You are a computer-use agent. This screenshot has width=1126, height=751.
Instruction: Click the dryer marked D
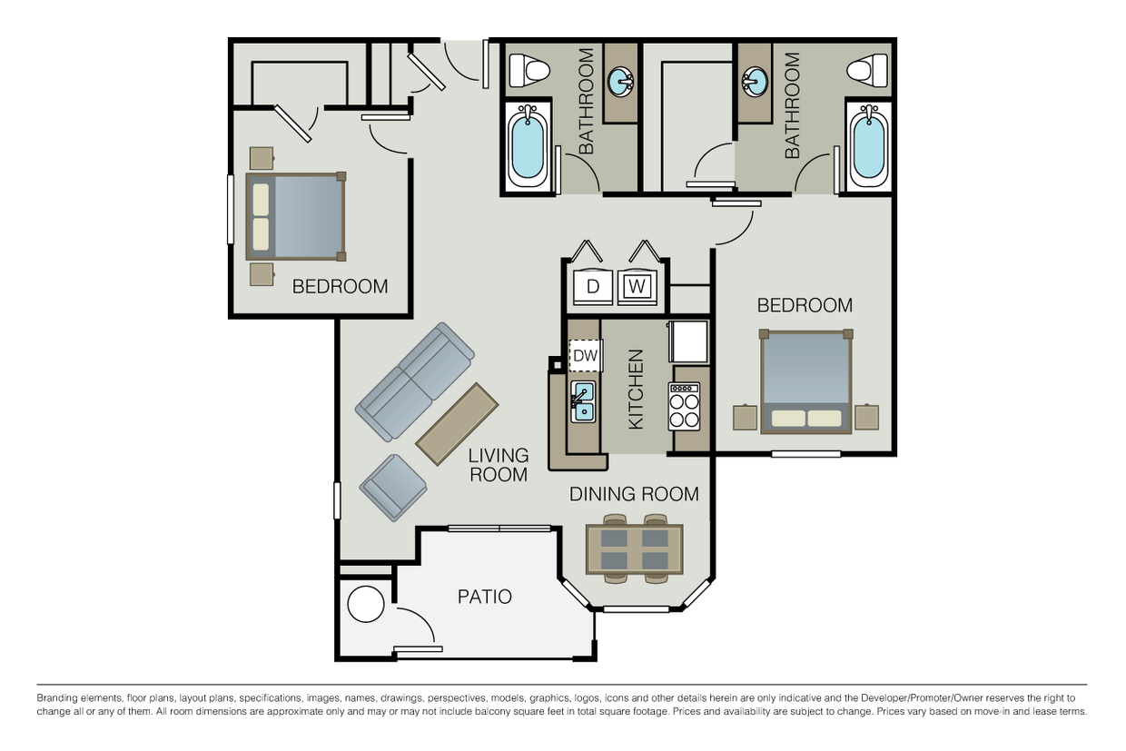pyautogui.click(x=593, y=287)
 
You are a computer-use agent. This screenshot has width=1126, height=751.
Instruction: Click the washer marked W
pyautogui.click(x=637, y=287)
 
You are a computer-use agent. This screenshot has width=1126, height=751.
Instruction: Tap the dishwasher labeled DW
pyautogui.click(x=586, y=355)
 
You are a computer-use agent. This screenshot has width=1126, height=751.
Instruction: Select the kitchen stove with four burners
pyautogui.click(x=684, y=406)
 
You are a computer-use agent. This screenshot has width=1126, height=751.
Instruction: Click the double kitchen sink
pyautogui.click(x=583, y=401)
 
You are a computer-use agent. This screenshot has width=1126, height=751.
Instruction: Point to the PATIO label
pyautogui.click(x=485, y=597)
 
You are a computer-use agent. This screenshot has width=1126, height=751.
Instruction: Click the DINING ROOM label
pyautogui.click(x=634, y=494)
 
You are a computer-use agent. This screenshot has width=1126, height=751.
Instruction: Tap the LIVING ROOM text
pyautogui.click(x=499, y=465)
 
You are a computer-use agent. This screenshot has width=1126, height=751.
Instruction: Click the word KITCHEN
pyautogui.click(x=636, y=390)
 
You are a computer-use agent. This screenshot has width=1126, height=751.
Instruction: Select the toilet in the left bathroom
pyautogui.click(x=528, y=70)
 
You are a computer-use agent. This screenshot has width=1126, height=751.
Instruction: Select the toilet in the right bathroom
pyautogui.click(x=867, y=70)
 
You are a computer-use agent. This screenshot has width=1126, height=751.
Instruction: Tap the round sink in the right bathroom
pyautogui.click(x=755, y=82)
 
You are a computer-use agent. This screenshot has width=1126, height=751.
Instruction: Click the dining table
pyautogui.click(x=635, y=549)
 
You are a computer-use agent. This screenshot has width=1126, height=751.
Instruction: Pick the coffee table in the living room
pyautogui.click(x=457, y=424)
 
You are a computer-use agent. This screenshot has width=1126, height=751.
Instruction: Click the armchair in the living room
pyautogui.click(x=393, y=488)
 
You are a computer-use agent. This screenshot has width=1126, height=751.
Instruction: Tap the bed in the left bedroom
pyautogui.click(x=296, y=217)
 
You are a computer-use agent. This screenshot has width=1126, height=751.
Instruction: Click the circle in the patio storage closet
pyautogui.click(x=366, y=604)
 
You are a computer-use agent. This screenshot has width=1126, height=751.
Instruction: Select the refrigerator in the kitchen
pyautogui.click(x=688, y=341)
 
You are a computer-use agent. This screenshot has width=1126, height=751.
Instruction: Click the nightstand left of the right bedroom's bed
pyautogui.click(x=745, y=417)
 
